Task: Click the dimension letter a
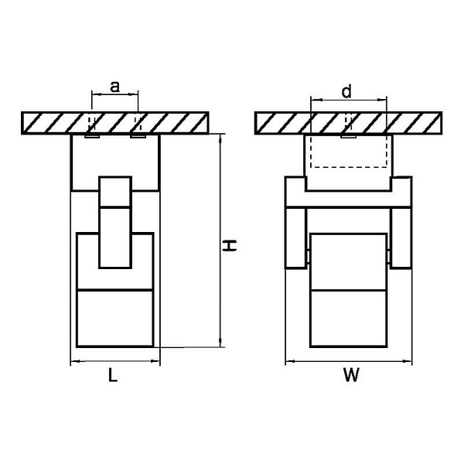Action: (114, 87)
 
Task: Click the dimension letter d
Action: (346, 91)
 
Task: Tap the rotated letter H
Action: (230, 246)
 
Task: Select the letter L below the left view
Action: (113, 375)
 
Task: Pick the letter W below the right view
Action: (351, 374)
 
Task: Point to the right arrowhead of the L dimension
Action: (155, 360)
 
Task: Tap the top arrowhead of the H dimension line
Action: (220, 138)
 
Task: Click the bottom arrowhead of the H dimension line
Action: (220, 343)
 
